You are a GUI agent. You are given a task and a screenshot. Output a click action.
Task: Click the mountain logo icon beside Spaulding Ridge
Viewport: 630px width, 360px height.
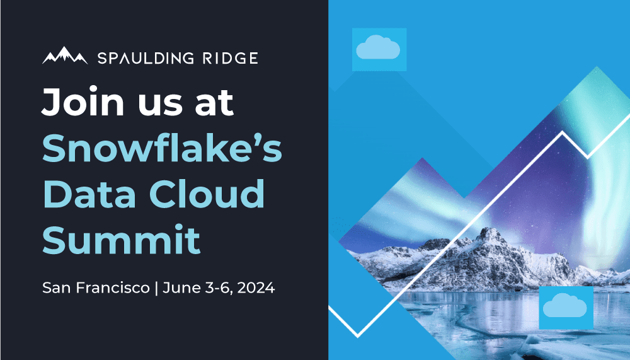click(x=65, y=56)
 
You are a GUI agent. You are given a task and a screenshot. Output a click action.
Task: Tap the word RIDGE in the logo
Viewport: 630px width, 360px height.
click(x=230, y=59)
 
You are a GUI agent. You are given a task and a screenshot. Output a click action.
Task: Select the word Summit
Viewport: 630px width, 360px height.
click(x=121, y=240)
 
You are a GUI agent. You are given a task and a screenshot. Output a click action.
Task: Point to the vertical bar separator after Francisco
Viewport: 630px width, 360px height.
click(x=156, y=289)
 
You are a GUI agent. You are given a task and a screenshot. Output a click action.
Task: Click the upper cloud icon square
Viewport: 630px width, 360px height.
click(x=379, y=49)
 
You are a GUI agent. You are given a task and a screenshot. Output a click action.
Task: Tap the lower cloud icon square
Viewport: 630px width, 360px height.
click(x=565, y=307)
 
